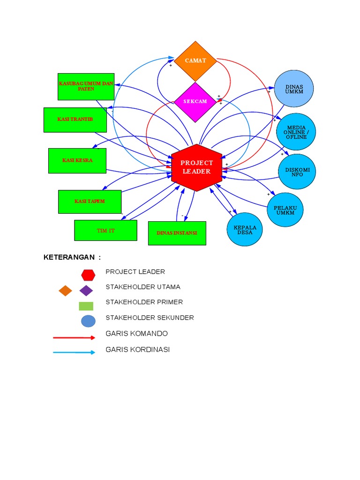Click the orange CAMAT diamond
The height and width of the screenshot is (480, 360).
coord(195,60)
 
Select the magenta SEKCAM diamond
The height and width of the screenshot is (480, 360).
coord(195,102)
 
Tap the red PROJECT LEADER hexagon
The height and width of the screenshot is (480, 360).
coord(197,167)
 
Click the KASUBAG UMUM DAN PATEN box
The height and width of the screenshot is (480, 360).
coord(86,86)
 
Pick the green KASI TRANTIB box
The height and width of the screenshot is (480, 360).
coord(75,120)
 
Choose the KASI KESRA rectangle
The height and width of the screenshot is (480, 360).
coord(77,160)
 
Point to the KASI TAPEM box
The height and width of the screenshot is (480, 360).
coord(90,202)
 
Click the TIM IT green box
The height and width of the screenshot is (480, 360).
coord(105,230)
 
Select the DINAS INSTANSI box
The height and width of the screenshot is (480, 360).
coord(177,233)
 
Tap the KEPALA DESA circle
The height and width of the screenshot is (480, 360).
coord(245,230)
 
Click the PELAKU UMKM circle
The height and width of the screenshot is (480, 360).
coord(285,210)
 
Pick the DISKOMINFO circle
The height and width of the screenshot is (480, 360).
coord(297,172)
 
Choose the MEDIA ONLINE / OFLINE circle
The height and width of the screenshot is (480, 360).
coord(296,132)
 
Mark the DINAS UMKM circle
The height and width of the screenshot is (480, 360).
coord(294,89)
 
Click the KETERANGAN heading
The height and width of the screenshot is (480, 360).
coord(72,257)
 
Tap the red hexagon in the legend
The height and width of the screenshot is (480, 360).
coord(88,275)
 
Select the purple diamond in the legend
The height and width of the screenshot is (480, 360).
coord(86,291)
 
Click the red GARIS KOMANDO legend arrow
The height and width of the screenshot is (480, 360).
coord(74,337)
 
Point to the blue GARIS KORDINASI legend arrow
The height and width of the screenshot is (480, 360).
coord(74,352)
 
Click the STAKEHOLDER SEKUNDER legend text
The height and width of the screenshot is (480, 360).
coord(150,318)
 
